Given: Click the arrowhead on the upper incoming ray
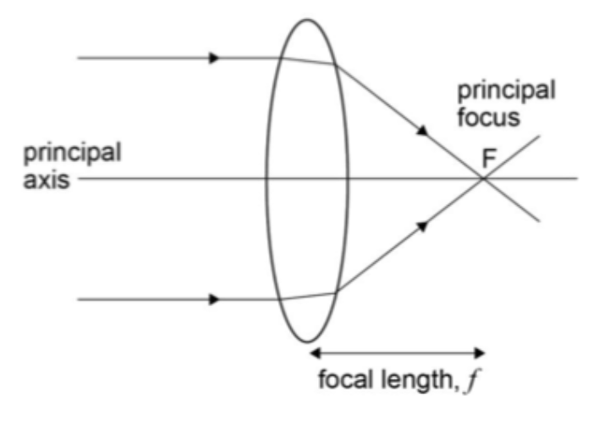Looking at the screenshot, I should click(x=215, y=58).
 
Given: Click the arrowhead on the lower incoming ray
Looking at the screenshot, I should click(x=215, y=299).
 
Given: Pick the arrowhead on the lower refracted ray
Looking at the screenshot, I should click(x=421, y=225).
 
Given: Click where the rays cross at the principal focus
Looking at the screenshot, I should click(x=483, y=179).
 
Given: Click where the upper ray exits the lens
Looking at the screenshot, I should click(x=336, y=65).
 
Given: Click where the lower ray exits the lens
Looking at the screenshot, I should click(x=336, y=292).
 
